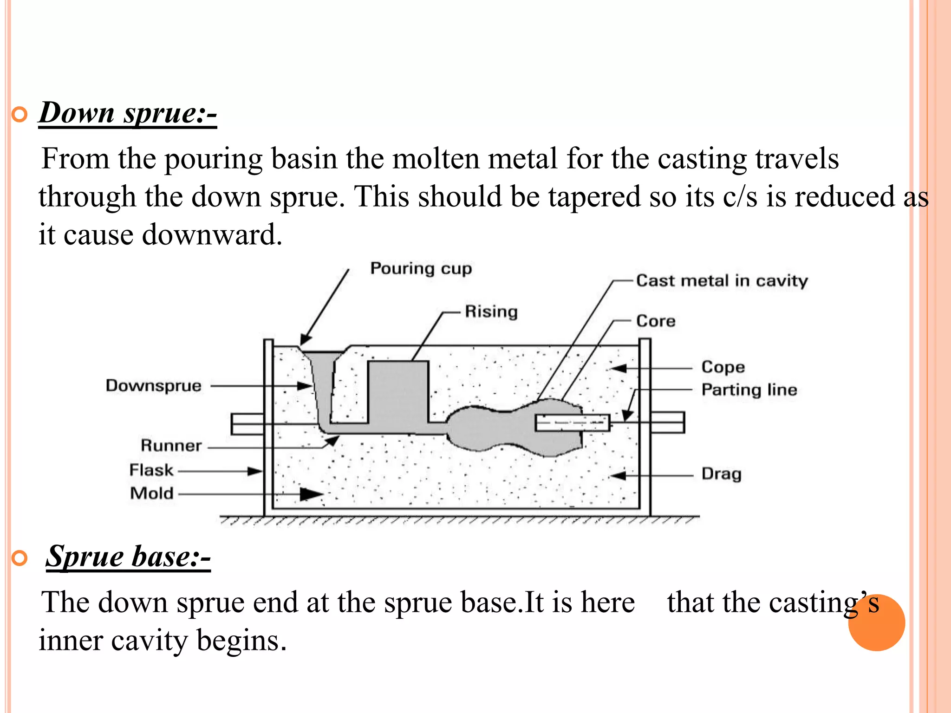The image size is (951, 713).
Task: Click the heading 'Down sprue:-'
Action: (x=128, y=113)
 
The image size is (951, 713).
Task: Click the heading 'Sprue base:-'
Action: (x=128, y=556)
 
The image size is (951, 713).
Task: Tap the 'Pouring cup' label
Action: (x=421, y=269)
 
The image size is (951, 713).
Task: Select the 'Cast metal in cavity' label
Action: (x=722, y=281)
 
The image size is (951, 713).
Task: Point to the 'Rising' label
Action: (x=491, y=311)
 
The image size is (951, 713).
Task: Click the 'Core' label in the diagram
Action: (x=655, y=321)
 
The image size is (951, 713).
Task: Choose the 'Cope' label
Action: (x=723, y=367)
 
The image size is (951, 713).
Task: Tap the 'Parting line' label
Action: (x=749, y=389)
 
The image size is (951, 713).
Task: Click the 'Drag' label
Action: (x=721, y=474)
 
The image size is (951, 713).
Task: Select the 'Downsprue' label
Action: (x=154, y=386)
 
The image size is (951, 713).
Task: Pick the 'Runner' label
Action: (x=171, y=446)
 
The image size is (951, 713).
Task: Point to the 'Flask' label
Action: (x=151, y=470)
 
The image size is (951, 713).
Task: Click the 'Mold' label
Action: (x=152, y=493)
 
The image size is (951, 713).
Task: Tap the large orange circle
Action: (x=876, y=622)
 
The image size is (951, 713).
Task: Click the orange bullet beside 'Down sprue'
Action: (x=20, y=114)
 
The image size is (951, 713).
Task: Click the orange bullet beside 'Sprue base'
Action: (x=20, y=558)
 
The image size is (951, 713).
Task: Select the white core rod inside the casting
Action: (x=572, y=423)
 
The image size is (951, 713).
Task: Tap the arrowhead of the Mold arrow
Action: (x=312, y=494)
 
